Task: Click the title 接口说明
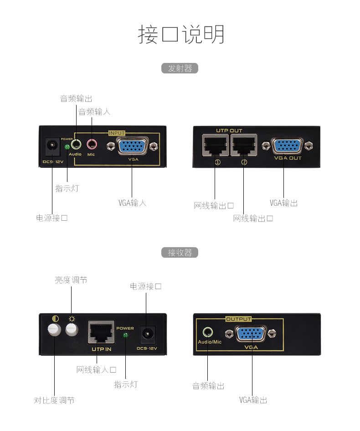pyautogui.click(x=181, y=35)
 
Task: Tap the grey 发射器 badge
pyautogui.click(x=180, y=68)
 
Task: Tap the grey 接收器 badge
pyautogui.click(x=180, y=253)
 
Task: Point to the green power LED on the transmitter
pyautogui.click(x=67, y=146)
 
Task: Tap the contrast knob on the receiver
pyautogui.click(x=54, y=330)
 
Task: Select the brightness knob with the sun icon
pyautogui.click(x=72, y=329)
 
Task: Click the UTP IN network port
pyautogui.click(x=101, y=332)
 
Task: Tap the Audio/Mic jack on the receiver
pyautogui.click(x=208, y=332)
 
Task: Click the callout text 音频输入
pyautogui.click(x=94, y=112)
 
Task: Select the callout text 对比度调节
pyautogui.click(x=54, y=400)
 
